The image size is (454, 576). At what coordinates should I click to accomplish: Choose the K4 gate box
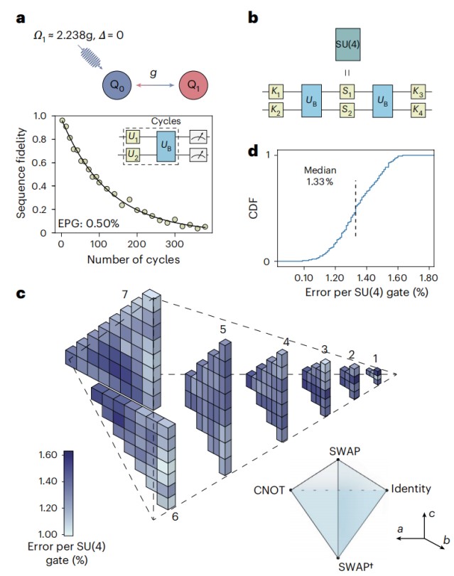click(x=421, y=109)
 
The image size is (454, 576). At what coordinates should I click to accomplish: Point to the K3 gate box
click(x=421, y=92)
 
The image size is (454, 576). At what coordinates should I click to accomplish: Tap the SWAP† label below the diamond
click(x=337, y=567)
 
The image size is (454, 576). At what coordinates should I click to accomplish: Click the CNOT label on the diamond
click(x=271, y=489)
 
